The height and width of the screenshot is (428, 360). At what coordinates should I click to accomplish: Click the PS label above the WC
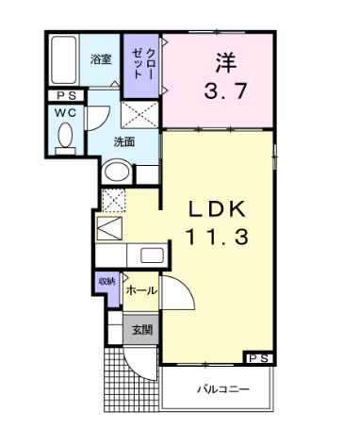[x=65, y=95]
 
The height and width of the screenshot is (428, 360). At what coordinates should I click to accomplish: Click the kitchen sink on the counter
[x=151, y=255]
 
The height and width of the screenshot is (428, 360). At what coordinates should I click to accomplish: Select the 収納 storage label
[x=106, y=282]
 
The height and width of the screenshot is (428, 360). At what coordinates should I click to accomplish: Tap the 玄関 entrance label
[x=141, y=329]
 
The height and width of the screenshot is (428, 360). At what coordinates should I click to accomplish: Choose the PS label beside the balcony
[x=260, y=357]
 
